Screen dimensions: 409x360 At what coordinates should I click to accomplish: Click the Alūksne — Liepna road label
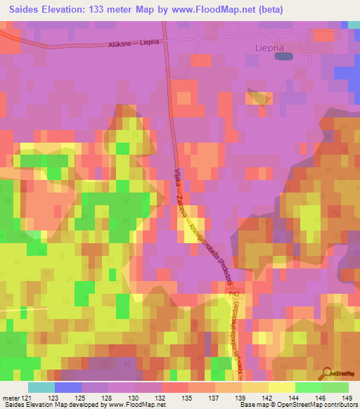133,43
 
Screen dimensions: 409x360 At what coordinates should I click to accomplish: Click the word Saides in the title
22,9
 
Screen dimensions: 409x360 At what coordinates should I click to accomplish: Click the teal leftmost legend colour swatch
41,387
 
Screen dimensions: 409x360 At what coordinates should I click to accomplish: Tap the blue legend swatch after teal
68,387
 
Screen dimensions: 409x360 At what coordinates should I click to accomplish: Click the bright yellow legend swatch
282,387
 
